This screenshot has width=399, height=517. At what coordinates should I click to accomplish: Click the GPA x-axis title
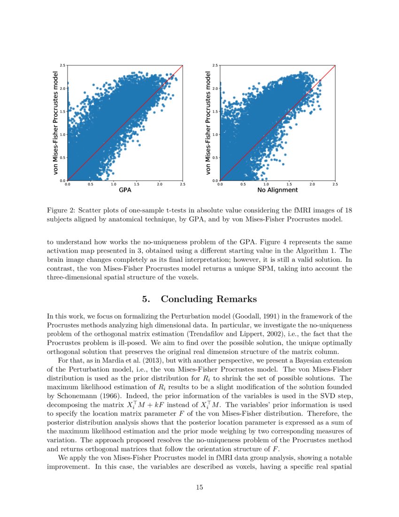124,190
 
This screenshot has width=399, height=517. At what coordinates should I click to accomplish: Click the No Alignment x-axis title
277,190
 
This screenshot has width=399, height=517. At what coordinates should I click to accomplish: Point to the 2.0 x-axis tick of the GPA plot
159,184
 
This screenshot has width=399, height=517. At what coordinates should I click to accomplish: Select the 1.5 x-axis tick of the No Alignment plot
289,184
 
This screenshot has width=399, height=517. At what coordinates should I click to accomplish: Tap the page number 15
199,487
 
